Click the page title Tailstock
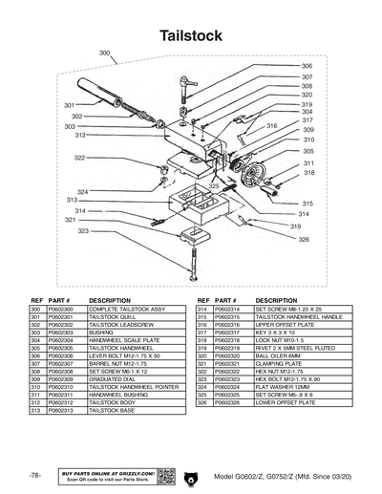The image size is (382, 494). pyautogui.click(x=191, y=35)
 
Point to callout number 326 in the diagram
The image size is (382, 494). pyautogui.click(x=304, y=239)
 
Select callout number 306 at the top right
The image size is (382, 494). pyautogui.click(x=308, y=65)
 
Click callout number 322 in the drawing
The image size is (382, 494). pyautogui.click(x=80, y=158)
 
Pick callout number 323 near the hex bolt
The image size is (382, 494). pyautogui.click(x=84, y=231)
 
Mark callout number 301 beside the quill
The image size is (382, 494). pyautogui.click(x=70, y=104)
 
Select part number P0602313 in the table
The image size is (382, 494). pyautogui.click(x=60, y=410)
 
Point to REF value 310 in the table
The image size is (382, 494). pyautogui.click(x=34, y=387)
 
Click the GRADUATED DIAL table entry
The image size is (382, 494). pyautogui.click(x=111, y=379)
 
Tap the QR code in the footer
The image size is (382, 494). pyautogui.click(x=164, y=475)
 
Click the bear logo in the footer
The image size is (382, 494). pyautogui.click(x=191, y=475)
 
